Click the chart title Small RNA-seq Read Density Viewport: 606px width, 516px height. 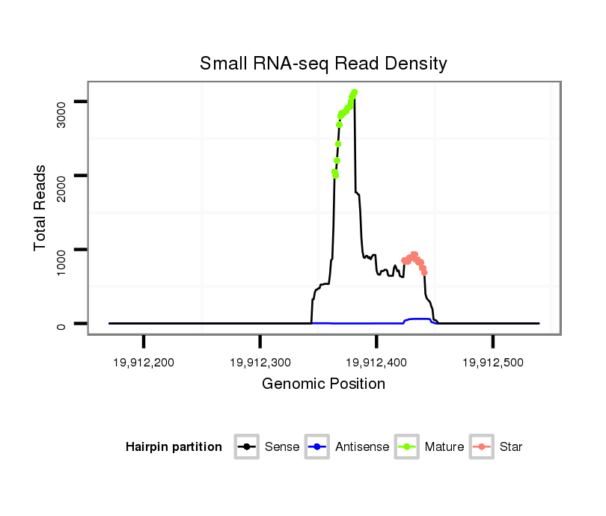[323, 64]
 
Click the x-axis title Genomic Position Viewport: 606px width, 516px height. [323, 384]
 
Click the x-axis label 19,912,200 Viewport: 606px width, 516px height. [144, 363]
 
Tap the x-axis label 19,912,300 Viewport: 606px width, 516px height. [260, 363]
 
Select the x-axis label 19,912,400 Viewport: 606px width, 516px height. [376, 363]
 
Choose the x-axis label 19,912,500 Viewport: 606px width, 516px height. [492, 363]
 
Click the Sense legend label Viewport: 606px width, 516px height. [282, 447]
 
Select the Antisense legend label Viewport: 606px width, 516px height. [362, 447]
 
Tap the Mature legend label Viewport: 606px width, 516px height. [444, 447]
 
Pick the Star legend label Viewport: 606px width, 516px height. [511, 447]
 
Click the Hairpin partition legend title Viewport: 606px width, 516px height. [174, 447]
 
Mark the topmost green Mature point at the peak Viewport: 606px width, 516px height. [355, 92]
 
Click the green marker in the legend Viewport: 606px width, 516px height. [407, 447]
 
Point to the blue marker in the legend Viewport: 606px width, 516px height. [317, 447]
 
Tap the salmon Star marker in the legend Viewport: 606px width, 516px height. [482, 447]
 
